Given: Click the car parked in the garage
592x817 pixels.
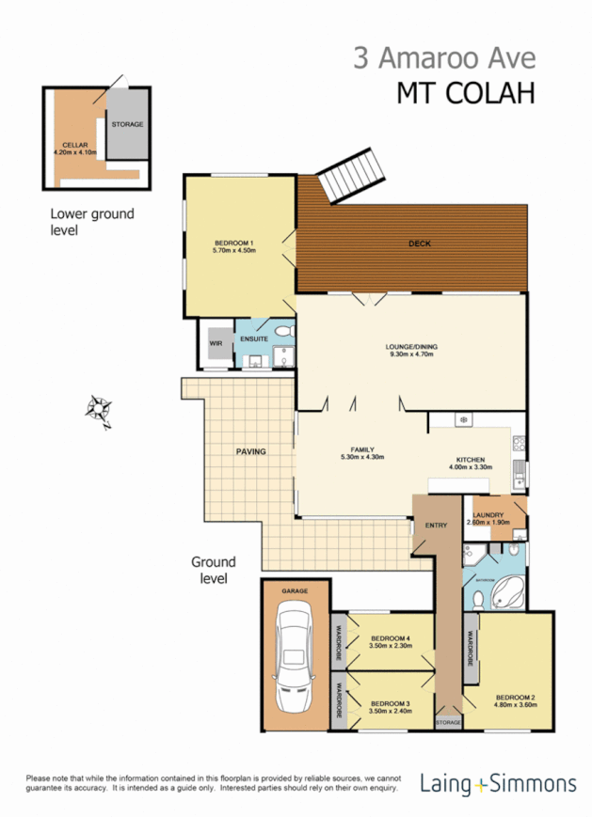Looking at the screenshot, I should click(x=295, y=659).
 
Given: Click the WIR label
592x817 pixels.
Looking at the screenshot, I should click(x=215, y=344).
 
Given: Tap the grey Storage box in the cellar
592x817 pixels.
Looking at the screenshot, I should click(x=127, y=124).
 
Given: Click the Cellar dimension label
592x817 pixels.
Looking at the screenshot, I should click(x=75, y=149).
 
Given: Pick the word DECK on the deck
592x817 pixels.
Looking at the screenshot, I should click(x=419, y=244).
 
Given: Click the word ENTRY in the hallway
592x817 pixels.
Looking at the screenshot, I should click(x=437, y=526).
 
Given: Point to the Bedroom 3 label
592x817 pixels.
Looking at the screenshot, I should click(x=388, y=707).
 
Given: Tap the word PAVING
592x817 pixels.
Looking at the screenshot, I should click(x=250, y=451).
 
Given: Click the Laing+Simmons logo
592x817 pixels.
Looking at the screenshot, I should click(x=498, y=783).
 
